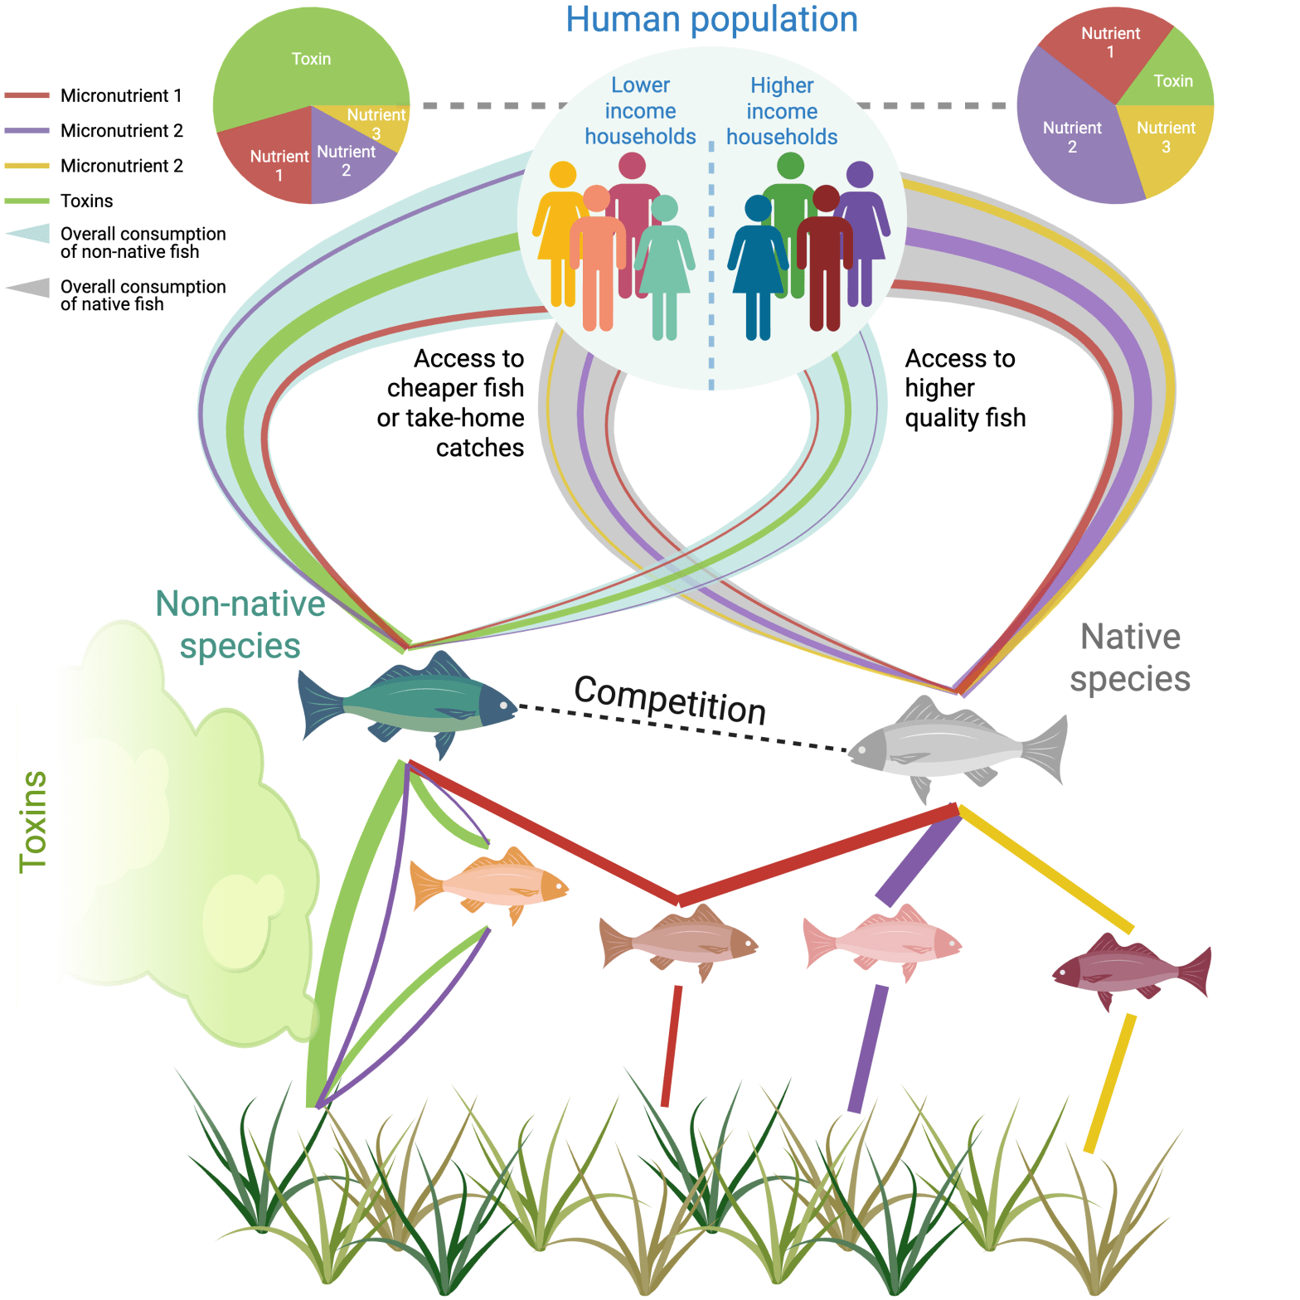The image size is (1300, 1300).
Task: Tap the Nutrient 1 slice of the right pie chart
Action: click(1107, 50)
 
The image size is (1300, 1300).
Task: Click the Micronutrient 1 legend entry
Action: click(121, 96)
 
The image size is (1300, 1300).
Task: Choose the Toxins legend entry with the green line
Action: click(86, 201)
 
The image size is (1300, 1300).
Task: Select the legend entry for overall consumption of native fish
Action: click(143, 295)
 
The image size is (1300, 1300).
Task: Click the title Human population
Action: click(711, 20)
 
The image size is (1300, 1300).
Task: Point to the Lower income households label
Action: click(640, 111)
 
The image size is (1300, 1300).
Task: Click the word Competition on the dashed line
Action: click(670, 701)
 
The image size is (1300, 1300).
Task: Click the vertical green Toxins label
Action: click(33, 821)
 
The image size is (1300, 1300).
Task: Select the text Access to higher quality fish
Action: click(964, 388)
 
